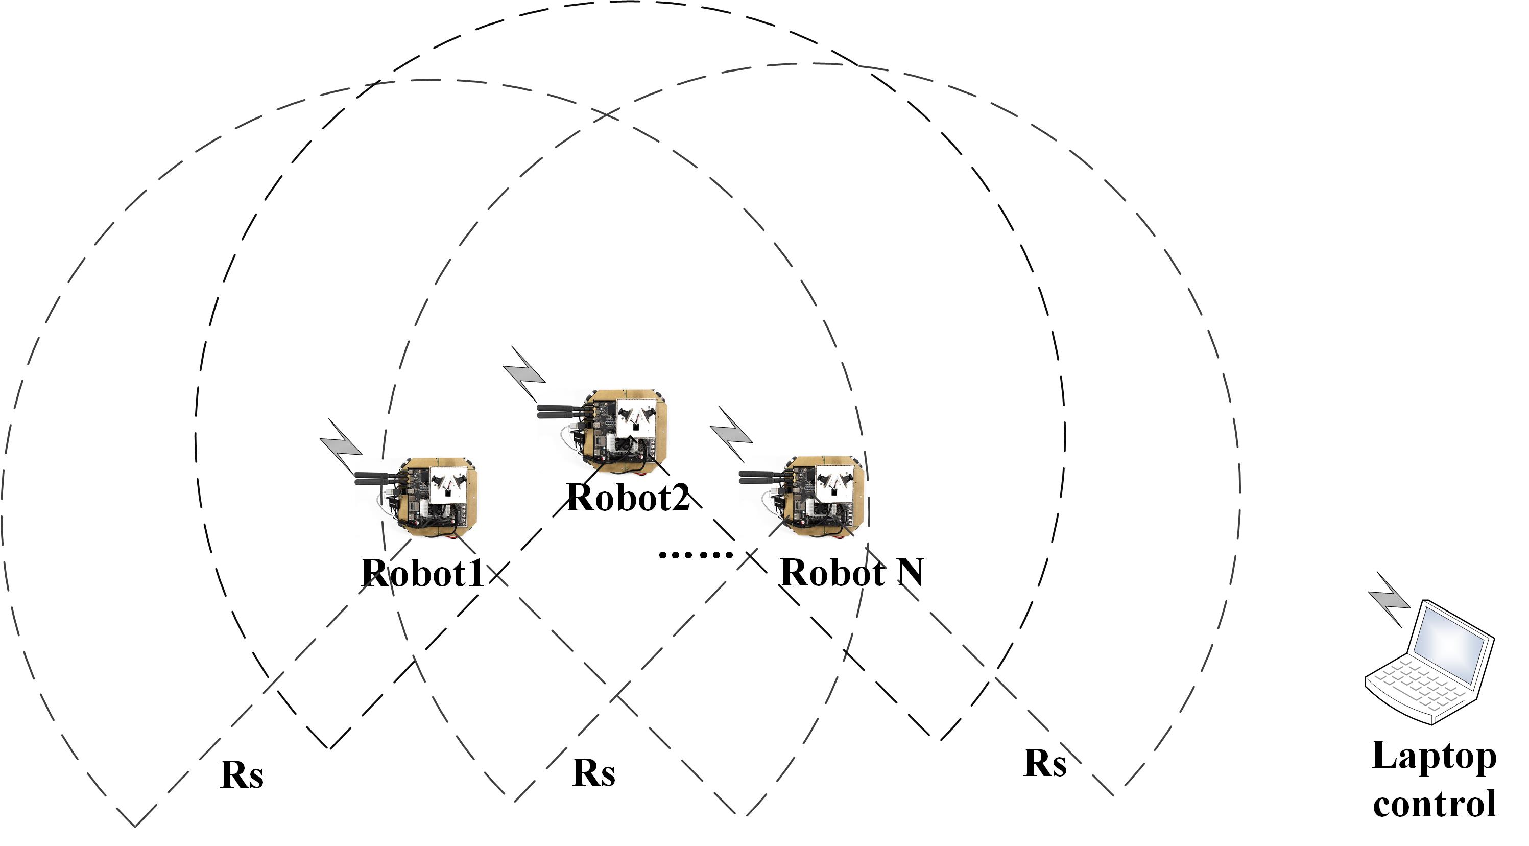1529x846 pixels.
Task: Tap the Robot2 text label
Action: click(x=628, y=497)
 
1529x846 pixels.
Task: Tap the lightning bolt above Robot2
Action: click(x=524, y=374)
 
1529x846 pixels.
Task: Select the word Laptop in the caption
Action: click(x=1434, y=757)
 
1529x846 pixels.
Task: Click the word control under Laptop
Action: click(x=1434, y=805)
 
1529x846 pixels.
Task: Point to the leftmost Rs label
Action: click(x=242, y=775)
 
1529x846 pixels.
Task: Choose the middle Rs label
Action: click(x=593, y=772)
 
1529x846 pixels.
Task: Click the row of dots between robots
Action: click(x=696, y=555)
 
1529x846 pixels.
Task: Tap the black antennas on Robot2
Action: click(x=561, y=410)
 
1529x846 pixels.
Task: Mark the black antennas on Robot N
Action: click(x=763, y=476)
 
